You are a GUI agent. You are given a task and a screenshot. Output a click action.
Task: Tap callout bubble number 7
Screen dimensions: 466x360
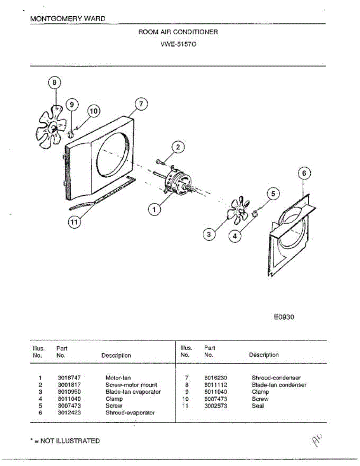coord(141,104)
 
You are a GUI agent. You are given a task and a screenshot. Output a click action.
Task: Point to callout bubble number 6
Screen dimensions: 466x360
coord(304,174)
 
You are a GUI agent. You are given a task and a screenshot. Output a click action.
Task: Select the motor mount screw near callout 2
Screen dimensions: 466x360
coord(160,161)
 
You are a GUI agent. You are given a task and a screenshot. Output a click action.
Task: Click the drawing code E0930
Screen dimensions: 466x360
coord(284,317)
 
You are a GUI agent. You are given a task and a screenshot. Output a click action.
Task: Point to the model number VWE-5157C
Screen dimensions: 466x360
coord(178,44)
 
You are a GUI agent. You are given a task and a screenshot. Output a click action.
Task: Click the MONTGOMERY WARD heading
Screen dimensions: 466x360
coord(68,19)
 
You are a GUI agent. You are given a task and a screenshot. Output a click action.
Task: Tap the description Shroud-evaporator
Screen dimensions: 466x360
coord(130,413)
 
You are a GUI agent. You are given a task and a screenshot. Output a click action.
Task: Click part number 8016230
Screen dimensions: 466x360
coord(216,377)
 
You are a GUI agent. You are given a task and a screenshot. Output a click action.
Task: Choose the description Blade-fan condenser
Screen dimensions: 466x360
coord(279,385)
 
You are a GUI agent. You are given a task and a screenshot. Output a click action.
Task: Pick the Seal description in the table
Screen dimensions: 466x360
coord(257,406)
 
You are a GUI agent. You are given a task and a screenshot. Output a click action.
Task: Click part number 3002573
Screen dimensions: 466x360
coord(216,406)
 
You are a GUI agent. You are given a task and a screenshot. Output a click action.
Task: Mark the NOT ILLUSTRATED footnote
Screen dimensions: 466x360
coord(65,441)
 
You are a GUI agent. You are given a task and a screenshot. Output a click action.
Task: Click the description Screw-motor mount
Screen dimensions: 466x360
coord(131,385)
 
